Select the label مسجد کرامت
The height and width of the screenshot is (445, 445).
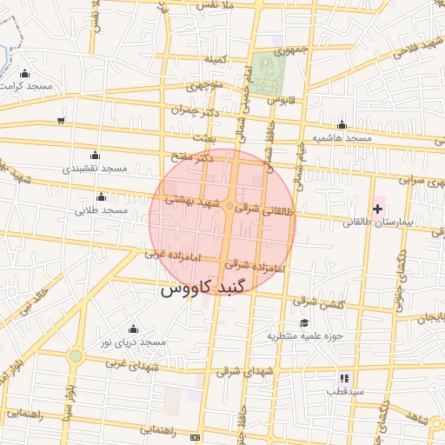[28, 86]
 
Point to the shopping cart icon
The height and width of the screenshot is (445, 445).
[61, 121]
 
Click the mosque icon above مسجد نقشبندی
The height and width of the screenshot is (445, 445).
[95, 155]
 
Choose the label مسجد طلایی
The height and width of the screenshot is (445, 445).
[102, 210]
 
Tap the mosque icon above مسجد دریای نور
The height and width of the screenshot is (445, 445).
[133, 329]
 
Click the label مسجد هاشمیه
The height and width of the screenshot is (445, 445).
[342, 138]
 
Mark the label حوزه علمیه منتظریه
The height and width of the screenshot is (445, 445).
[306, 335]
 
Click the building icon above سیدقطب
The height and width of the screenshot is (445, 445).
[344, 378]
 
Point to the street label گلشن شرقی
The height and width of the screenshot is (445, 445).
[318, 302]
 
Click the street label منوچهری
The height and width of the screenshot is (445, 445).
[206, 86]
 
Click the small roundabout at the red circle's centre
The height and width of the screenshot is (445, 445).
[229, 207]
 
